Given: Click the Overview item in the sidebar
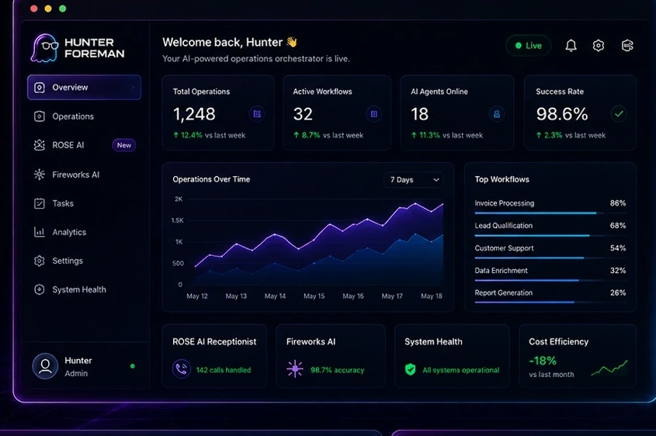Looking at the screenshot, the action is [84, 88].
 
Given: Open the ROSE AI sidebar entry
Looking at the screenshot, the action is [68, 145].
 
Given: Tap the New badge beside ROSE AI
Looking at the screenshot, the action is [124, 145].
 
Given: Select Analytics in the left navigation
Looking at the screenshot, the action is [69, 232].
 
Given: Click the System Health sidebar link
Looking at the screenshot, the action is [79, 289].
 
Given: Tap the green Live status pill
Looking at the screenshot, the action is [529, 46].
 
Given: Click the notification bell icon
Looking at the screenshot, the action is [571, 46].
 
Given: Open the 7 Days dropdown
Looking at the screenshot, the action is [414, 180].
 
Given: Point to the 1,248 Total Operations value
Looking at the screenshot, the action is [194, 114].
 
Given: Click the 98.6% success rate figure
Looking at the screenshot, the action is [562, 114].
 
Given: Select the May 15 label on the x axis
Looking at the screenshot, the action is [314, 296].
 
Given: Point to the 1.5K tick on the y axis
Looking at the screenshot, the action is [177, 220].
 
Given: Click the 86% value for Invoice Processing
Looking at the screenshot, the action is [618, 203].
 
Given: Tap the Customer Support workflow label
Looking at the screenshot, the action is [504, 248].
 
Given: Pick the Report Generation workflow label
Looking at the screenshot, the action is [504, 292].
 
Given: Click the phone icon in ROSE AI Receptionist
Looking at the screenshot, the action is [182, 369].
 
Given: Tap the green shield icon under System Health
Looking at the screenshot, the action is [411, 369].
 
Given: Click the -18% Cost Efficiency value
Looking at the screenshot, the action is [543, 360].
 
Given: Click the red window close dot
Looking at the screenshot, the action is [34, 9].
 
